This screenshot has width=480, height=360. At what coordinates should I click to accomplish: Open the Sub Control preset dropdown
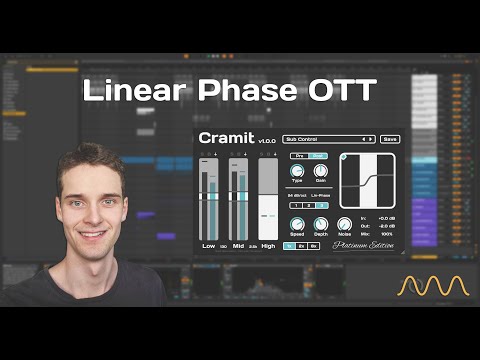(x=327, y=139)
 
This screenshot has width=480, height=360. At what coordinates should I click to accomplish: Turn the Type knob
(x=297, y=170)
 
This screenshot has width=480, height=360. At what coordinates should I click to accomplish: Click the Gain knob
(x=320, y=170)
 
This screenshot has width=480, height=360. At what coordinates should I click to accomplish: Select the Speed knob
(x=297, y=224)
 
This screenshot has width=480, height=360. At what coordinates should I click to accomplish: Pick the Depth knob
(x=320, y=224)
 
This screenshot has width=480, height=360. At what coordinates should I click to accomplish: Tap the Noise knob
(x=345, y=224)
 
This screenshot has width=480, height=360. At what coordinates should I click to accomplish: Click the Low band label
(x=209, y=244)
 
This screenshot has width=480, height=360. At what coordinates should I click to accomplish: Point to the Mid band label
(x=238, y=244)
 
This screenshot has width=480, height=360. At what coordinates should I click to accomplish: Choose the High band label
(x=268, y=244)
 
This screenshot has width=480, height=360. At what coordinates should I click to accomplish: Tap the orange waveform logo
(x=434, y=286)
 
